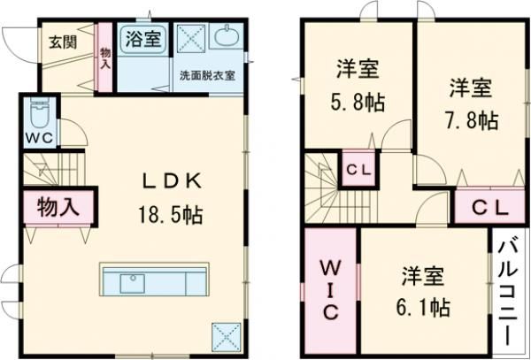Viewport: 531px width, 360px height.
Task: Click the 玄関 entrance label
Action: [61, 41]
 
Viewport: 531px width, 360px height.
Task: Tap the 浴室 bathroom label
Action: [142, 38]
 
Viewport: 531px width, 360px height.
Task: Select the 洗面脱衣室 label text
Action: [207, 75]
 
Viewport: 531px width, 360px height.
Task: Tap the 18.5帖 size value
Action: [174, 215]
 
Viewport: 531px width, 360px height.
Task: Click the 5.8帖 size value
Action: [359, 100]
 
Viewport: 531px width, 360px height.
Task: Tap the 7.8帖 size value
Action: [470, 119]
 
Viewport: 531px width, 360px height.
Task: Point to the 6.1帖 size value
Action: [423, 307]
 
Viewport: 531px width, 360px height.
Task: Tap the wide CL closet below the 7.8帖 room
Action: [489, 208]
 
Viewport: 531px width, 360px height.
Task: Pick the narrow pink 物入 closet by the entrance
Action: [105, 60]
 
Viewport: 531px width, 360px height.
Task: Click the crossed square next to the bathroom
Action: [190, 39]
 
